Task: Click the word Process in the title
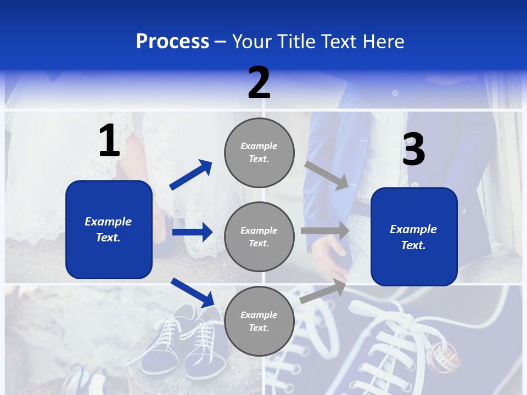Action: click(172, 41)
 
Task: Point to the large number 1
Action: click(109, 141)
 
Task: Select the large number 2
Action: click(259, 83)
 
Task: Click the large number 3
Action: click(413, 149)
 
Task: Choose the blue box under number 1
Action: click(109, 229)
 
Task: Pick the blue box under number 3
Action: click(414, 236)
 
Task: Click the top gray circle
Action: click(259, 152)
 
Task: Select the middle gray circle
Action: click(259, 236)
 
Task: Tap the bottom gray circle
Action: click(259, 321)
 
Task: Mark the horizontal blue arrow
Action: click(192, 232)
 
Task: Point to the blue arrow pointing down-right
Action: click(193, 292)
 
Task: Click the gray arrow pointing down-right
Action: click(326, 175)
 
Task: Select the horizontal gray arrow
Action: click(325, 230)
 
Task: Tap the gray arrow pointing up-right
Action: click(323, 291)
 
